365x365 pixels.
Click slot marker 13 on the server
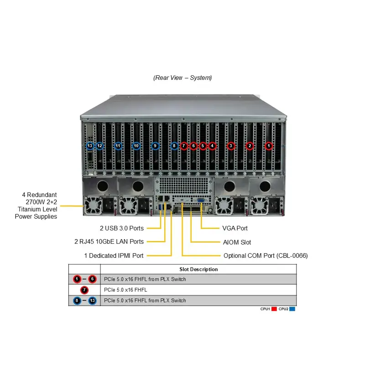coord(90,146)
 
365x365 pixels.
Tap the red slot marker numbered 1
coord(269,146)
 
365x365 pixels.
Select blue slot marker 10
coord(136,146)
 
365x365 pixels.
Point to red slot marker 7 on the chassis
coord(184,146)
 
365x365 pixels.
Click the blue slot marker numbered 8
coord(174,146)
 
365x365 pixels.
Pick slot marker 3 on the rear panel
coord(231,146)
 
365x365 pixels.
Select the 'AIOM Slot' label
coord(237,242)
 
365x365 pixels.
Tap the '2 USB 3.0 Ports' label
coord(122,228)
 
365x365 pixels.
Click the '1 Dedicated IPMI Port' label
coord(114,255)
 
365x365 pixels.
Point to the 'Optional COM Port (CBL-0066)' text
coord(266,255)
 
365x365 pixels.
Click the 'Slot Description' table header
coord(198,269)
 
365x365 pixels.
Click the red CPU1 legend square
coord(274,309)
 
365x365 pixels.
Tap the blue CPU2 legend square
coord(292,309)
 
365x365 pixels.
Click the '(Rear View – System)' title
coord(182,78)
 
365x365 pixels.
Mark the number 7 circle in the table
coord(84,290)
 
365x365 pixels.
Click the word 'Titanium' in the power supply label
coord(26,209)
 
